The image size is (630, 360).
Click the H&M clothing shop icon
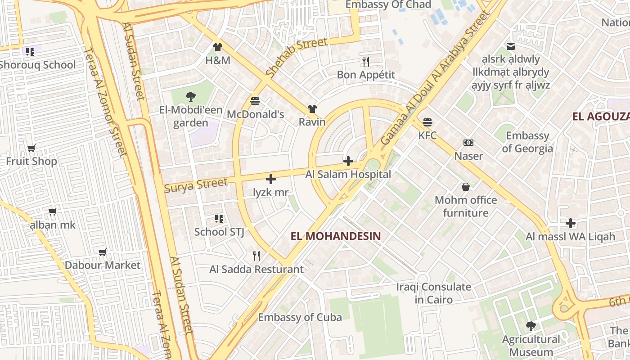(x=218, y=47)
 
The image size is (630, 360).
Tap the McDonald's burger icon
(x=255, y=101)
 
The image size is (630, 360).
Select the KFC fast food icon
(x=427, y=122)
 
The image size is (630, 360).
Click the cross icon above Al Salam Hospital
(x=348, y=161)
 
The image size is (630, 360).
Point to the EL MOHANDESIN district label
(x=336, y=236)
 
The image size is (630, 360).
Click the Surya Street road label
(x=196, y=185)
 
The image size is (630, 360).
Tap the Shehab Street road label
(x=296, y=57)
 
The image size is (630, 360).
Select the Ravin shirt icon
(x=312, y=109)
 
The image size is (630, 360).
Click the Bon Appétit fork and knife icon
(x=366, y=62)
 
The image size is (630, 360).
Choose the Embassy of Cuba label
(x=300, y=317)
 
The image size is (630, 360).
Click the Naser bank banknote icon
(x=468, y=143)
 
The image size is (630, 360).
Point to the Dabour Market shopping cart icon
(x=103, y=252)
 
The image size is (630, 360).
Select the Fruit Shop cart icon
(x=31, y=148)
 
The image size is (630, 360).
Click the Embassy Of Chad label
(x=388, y=5)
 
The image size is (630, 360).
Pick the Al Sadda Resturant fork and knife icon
(x=256, y=256)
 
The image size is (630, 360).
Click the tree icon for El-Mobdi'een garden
(x=190, y=96)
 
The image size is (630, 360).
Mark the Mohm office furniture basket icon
(x=466, y=187)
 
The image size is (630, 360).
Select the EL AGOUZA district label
(x=601, y=117)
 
